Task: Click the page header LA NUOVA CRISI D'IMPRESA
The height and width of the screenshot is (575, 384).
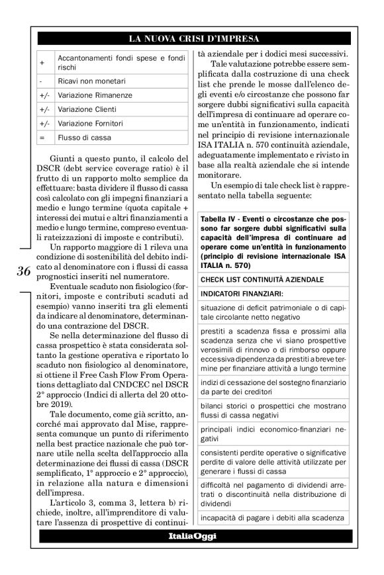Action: [193, 38]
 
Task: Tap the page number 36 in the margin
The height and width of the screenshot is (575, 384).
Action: [24, 271]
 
